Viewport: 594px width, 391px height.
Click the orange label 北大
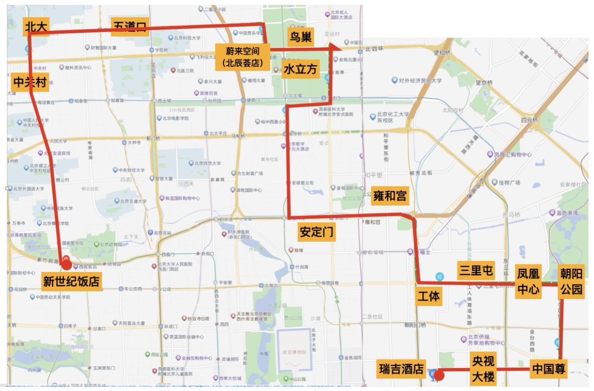point(36,27)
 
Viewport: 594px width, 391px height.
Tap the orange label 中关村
point(30,82)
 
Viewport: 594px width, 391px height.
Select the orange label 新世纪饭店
point(71,281)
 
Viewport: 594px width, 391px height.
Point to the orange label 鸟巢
point(301,37)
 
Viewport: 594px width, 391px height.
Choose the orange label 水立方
point(300,69)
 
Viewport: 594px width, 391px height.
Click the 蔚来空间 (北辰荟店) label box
point(242,57)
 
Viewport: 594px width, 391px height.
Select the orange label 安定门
point(316,232)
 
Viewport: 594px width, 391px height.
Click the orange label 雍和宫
point(389,196)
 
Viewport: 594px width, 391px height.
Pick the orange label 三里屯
point(476,270)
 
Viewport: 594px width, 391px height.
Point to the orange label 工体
point(429,296)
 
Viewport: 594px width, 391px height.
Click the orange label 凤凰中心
point(528,281)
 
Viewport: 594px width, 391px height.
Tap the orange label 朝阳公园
point(571,281)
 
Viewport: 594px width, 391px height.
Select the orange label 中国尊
point(548,369)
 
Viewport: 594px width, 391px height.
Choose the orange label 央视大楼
point(483,369)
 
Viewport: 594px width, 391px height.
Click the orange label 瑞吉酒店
point(401,369)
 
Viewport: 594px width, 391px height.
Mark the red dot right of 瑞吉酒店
point(439,375)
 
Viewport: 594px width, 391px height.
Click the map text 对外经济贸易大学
point(420,81)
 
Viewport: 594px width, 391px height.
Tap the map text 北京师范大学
point(208,163)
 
